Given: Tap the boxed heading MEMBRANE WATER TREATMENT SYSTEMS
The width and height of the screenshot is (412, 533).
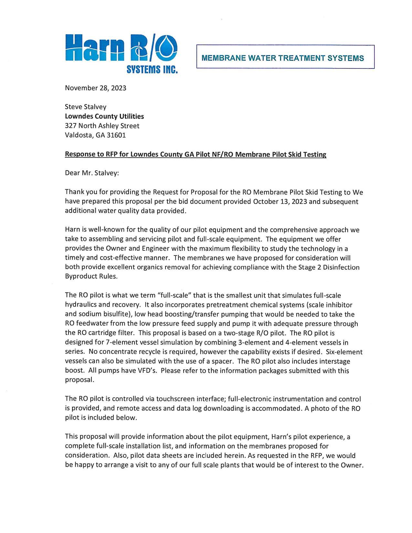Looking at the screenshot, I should (282, 58).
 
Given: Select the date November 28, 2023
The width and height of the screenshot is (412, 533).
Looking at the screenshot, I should (96, 88).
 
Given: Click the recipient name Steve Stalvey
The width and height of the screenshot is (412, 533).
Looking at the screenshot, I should (86, 107).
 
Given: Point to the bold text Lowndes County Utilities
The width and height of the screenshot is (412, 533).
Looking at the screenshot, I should (104, 116).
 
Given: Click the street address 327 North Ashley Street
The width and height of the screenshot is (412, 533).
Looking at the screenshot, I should (102, 126).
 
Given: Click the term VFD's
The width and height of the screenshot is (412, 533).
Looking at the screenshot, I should (147, 370).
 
